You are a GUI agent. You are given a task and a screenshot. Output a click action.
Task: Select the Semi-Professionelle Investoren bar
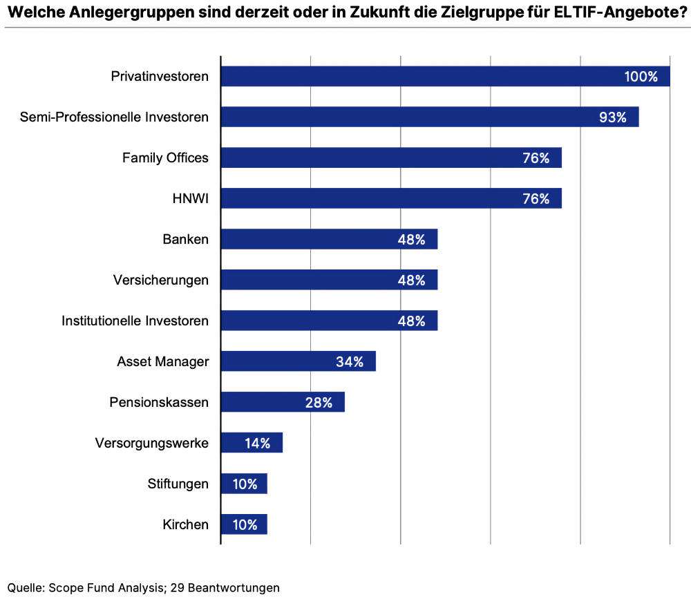(429, 117)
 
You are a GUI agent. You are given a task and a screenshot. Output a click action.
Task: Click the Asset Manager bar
(298, 361)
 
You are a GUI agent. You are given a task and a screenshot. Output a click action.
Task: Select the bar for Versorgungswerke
(252, 443)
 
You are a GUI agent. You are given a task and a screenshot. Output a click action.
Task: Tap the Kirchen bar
(243, 524)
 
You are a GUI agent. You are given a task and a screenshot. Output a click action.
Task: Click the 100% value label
(641, 77)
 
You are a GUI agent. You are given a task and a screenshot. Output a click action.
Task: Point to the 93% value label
(612, 117)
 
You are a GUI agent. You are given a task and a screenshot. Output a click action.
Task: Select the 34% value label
(349, 361)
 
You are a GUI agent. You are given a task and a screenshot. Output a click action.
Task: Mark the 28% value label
(319, 402)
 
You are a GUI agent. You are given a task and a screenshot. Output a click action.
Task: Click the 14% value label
(257, 443)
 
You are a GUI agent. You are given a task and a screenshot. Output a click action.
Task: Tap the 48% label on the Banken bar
(411, 240)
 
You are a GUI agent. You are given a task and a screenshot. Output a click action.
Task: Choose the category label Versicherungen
(160, 280)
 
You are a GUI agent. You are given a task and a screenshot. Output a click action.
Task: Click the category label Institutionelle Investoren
(135, 321)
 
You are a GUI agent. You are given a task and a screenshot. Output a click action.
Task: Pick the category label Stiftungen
(178, 484)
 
